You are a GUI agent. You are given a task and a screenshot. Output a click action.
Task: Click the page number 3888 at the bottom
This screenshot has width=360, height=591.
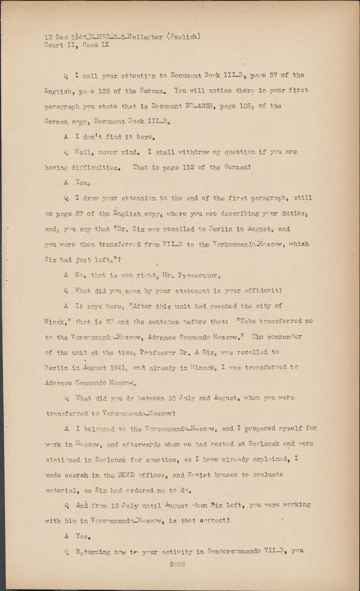click(177, 564)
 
